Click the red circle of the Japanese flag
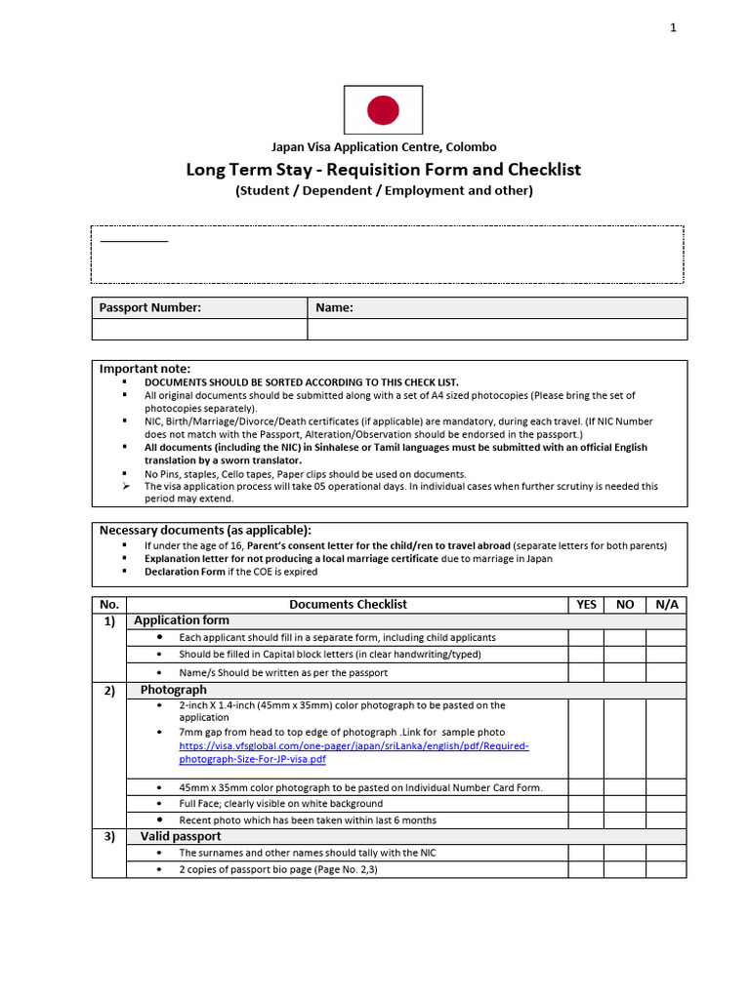[x=383, y=110]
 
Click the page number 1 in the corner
[x=673, y=27]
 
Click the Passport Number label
[x=150, y=307]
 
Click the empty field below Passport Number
[x=199, y=330]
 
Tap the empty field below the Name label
[x=497, y=330]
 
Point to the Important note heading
[x=146, y=368]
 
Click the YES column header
[x=586, y=604]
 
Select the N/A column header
[x=666, y=604]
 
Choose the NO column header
[x=625, y=604]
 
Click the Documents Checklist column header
[x=348, y=604]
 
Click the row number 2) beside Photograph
[x=108, y=691]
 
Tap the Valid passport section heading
[x=181, y=836]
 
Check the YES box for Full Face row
[x=586, y=804]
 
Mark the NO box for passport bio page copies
[x=625, y=869]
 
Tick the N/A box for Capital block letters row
[x=666, y=655]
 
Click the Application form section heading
[x=182, y=620]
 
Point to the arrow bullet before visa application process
[x=125, y=486]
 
